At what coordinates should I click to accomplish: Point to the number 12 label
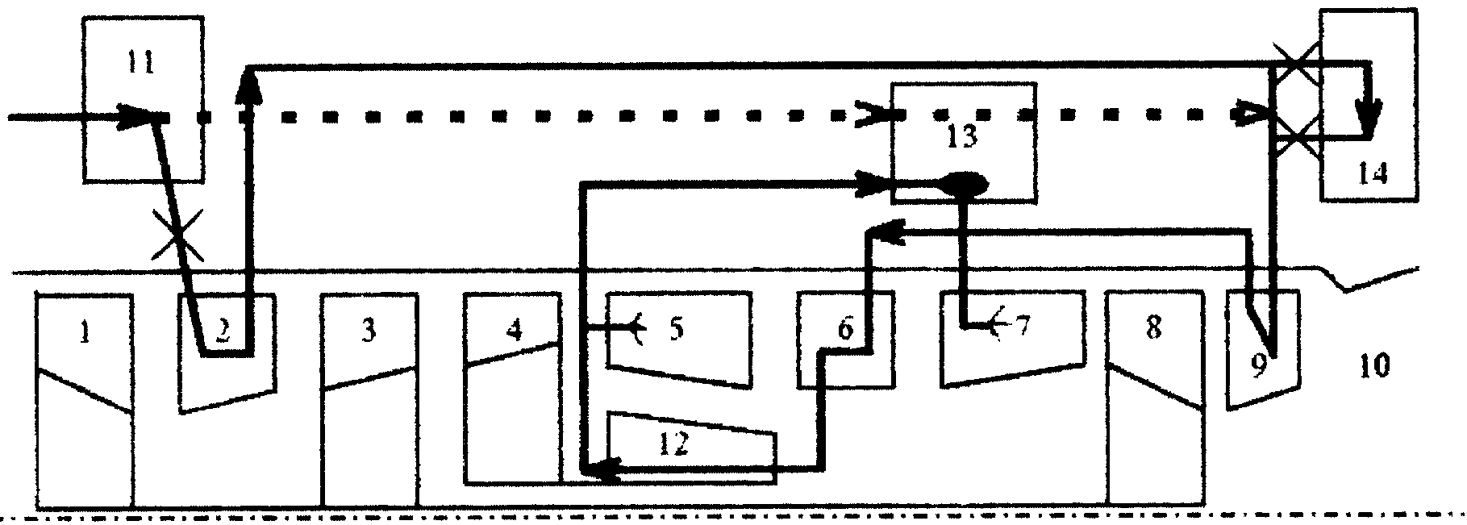tap(674, 445)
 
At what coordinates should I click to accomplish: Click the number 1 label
tap(85, 332)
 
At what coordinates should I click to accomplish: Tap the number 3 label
tap(369, 331)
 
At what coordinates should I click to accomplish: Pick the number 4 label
tap(515, 330)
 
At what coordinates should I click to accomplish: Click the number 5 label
tap(676, 330)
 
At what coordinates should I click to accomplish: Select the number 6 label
tap(844, 330)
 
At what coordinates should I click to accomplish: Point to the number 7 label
tap(1021, 327)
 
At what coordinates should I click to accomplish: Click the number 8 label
tap(1153, 328)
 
